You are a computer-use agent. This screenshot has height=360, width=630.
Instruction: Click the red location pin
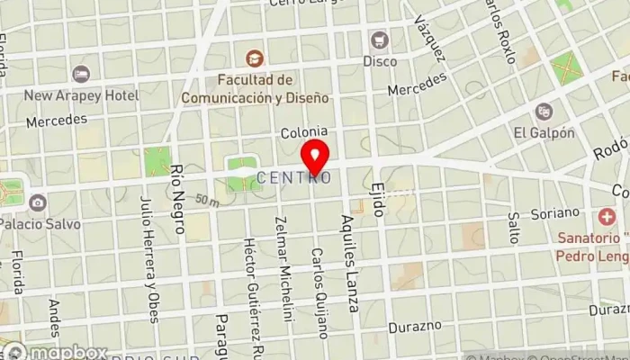[x=315, y=157]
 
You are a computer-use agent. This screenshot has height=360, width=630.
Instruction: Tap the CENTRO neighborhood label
[x=294, y=178]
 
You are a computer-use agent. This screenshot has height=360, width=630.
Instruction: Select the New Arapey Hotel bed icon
[x=82, y=73]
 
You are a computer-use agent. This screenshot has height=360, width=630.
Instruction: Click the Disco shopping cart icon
[x=380, y=40]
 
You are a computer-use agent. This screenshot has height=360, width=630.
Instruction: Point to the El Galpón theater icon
[x=544, y=112]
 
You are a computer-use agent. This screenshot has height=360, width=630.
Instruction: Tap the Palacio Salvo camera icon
[x=37, y=202]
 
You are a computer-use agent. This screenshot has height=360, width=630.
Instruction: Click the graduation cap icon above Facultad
[x=254, y=58]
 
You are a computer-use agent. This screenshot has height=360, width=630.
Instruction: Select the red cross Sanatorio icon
[x=605, y=217]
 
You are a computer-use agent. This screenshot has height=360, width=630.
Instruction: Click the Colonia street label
[x=303, y=132]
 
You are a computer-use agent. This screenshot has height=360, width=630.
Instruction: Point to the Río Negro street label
[x=177, y=199]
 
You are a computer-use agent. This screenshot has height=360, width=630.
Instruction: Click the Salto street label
[x=514, y=229]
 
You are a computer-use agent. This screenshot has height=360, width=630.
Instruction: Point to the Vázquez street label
[x=431, y=39]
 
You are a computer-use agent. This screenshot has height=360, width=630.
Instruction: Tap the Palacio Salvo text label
[x=40, y=223]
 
